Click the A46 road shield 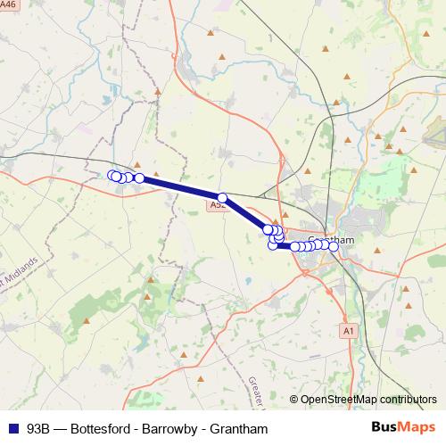point(9,4)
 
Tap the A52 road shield point(218,205)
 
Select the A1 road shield point(349,330)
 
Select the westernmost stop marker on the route point(112,175)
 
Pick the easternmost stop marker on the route point(334,246)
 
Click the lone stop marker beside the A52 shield point(222,197)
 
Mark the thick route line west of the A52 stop point(178,186)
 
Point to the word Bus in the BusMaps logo point(385,428)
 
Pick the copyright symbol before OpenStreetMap point(294,401)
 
